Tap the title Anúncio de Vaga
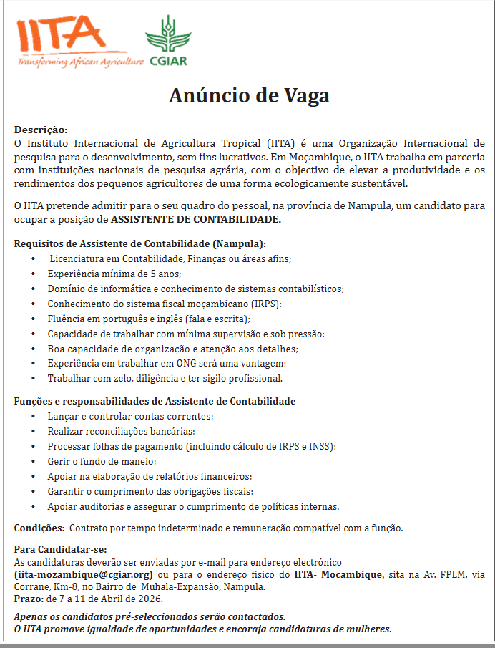[248, 96]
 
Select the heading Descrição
[41, 130]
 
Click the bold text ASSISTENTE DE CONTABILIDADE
[196, 219]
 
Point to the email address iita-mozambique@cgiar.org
[84, 574]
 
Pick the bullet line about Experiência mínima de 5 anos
[114, 274]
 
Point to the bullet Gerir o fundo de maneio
[102, 461]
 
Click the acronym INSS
[321, 446]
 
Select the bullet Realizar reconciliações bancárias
[121, 431]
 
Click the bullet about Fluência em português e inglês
[148, 319]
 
